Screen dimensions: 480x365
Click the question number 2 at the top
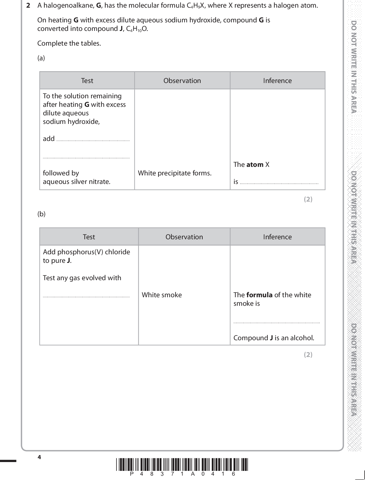coord(28,6)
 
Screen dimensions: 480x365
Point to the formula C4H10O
coord(137,29)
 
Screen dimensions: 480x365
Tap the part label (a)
coord(41,58)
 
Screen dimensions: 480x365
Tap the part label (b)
coord(41,214)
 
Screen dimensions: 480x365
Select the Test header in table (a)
coord(87,81)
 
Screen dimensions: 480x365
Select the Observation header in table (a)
coord(182,81)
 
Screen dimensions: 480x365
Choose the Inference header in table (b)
coord(277,237)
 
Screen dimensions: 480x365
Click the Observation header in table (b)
coord(184,237)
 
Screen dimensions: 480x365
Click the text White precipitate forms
coord(175,173)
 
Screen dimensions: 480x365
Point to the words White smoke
coord(162,295)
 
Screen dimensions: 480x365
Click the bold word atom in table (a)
coord(255,165)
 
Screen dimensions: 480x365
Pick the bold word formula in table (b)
coord(259,295)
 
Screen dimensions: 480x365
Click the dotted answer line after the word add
coord(93,141)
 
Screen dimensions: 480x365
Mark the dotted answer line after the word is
coord(279,184)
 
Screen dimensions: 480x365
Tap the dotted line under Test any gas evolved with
coord(86,297)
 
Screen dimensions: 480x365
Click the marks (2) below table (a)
coord(308,199)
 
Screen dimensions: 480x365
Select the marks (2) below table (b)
coord(308,355)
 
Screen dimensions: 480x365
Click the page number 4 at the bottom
coord(39,457)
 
